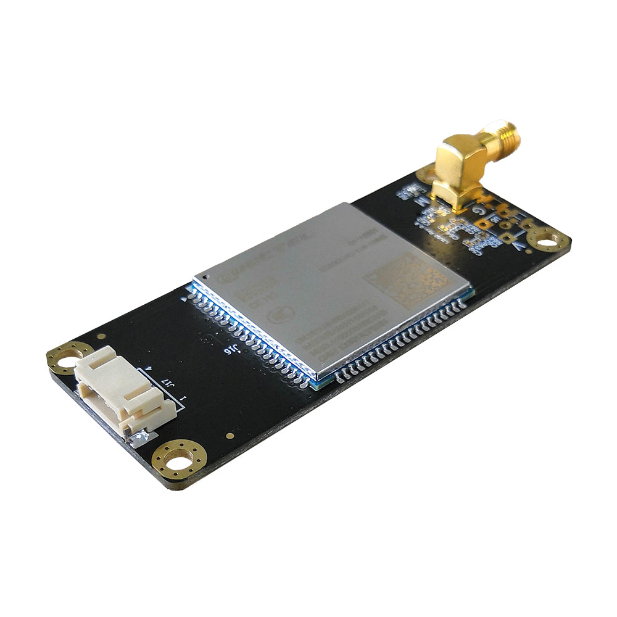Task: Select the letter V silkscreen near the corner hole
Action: point(520,247)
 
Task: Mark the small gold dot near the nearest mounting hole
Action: point(230,436)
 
